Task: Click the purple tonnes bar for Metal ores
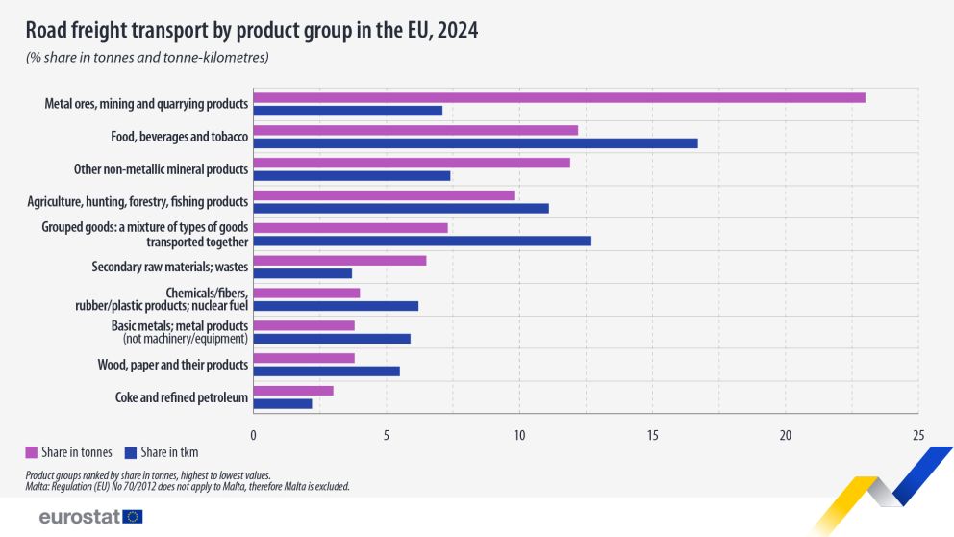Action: pos(559,97)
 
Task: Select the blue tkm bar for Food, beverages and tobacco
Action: pos(475,143)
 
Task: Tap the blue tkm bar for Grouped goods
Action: pos(422,241)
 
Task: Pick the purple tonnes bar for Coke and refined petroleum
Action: pos(293,391)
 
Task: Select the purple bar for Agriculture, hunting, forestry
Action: pos(384,195)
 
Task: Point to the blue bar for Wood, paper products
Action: pos(326,371)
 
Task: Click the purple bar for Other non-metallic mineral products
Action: pos(412,163)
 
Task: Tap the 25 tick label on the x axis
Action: pos(918,435)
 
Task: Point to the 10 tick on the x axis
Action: pos(519,435)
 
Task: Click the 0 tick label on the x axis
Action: pos(253,435)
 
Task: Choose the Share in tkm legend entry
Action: pos(169,452)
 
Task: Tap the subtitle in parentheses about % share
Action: pos(147,58)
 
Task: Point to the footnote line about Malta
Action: pos(187,487)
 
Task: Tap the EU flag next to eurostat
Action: pos(133,517)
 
